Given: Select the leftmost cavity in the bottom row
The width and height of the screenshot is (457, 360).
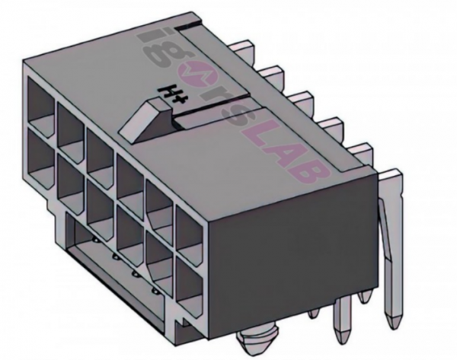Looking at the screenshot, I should coord(40,145).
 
